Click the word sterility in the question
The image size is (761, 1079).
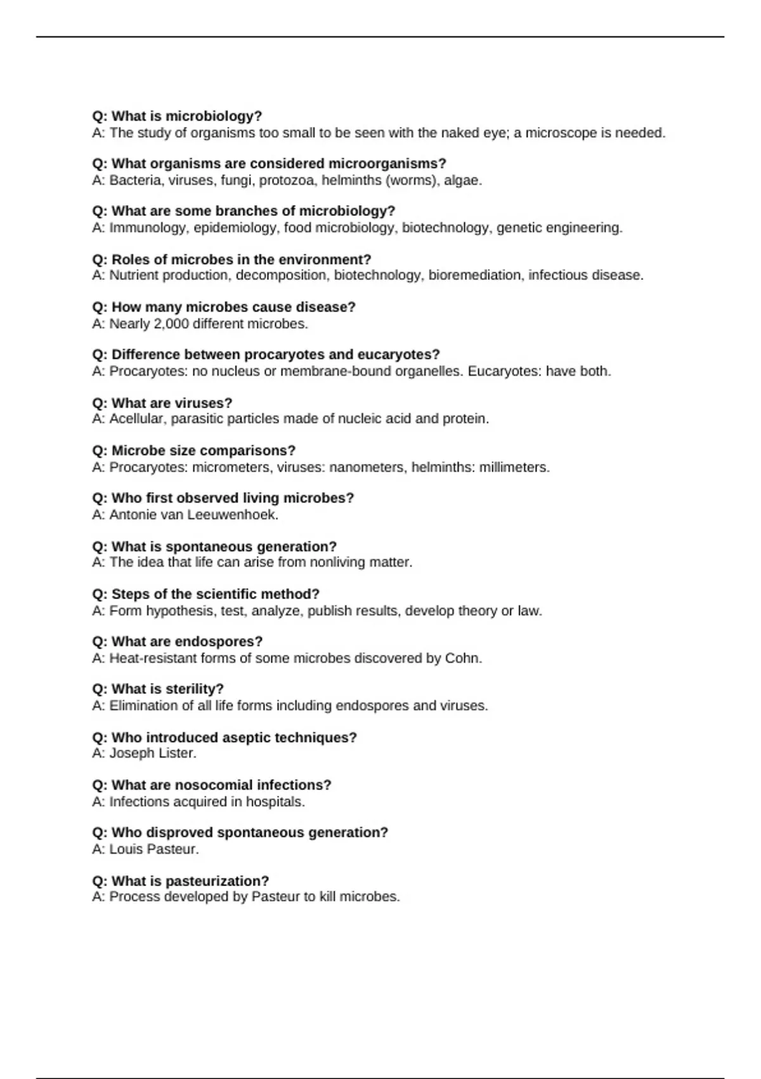[x=194, y=689]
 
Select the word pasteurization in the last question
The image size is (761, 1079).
[x=216, y=881]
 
